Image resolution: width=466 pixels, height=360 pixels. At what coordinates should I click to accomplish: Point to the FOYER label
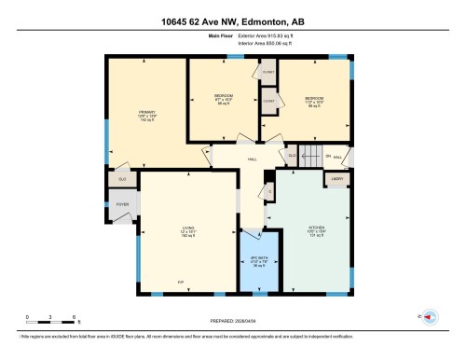click(122, 204)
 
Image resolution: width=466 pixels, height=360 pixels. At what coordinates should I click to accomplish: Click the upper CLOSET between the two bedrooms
click(268, 72)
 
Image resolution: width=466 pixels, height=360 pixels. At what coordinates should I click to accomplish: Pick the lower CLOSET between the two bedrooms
click(268, 101)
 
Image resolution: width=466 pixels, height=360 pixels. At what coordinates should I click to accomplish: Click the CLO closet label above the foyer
click(121, 177)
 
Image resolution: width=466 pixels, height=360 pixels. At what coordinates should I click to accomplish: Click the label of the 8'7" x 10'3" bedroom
click(224, 98)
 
